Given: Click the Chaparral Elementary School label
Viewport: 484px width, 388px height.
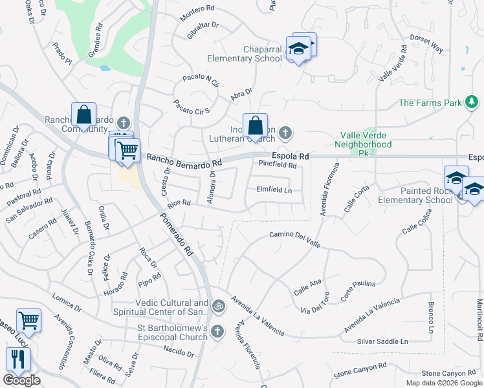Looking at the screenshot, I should (245, 54).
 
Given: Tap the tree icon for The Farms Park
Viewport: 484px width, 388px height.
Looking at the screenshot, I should (472, 102).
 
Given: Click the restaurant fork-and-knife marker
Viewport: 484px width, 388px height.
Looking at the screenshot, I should (17, 360).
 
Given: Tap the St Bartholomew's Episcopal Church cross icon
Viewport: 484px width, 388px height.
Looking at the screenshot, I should (218, 332).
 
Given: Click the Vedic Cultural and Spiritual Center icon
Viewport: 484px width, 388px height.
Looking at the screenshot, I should (218, 305).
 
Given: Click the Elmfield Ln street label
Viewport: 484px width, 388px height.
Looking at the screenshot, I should (274, 190).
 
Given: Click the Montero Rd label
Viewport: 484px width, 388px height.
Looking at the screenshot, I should (197, 8).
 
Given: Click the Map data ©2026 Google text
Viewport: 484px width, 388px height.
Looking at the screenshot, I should (443, 383).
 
